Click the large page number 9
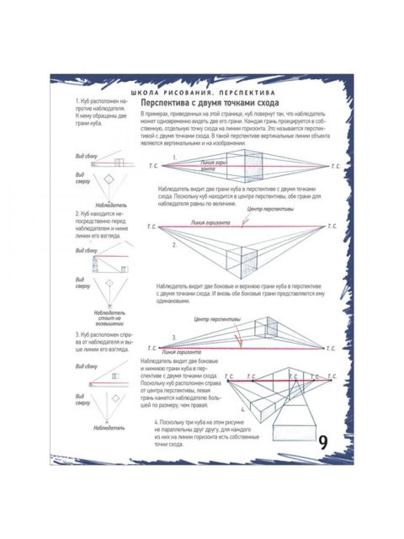click(x=323, y=442)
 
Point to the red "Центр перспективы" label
click(x=271, y=210)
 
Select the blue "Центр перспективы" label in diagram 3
click(x=217, y=319)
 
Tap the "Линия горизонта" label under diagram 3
click(x=180, y=352)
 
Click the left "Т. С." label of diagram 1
click(x=153, y=166)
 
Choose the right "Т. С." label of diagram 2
click(x=332, y=226)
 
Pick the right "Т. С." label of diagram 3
click(x=331, y=348)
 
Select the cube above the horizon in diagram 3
click(x=266, y=328)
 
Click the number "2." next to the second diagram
click(x=175, y=245)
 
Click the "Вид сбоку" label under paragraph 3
click(x=86, y=367)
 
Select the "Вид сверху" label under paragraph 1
click(x=83, y=178)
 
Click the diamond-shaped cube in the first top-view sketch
click(x=110, y=179)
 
